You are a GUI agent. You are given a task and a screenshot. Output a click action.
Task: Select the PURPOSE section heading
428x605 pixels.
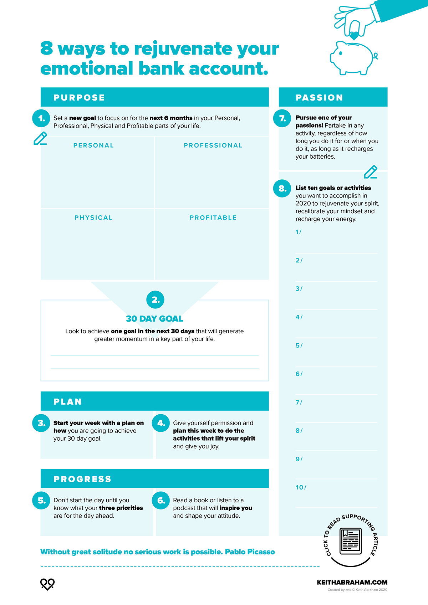click(x=79, y=98)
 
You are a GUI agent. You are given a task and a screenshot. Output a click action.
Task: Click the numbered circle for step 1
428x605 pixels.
click(x=41, y=118)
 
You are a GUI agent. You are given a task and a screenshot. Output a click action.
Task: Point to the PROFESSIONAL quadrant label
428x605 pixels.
click(x=213, y=145)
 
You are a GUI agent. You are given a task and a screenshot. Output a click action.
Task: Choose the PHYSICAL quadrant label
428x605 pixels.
click(x=93, y=218)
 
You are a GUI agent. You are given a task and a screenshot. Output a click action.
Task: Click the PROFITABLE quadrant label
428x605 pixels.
click(x=213, y=218)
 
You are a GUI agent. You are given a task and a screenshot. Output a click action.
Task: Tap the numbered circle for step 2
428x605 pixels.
click(x=156, y=300)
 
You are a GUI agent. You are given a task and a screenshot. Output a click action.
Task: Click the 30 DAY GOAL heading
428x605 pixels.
click(x=154, y=319)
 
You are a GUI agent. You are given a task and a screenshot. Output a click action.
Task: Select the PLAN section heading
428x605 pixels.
click(x=68, y=402)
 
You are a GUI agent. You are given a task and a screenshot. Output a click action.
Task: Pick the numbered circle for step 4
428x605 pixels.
click(x=161, y=423)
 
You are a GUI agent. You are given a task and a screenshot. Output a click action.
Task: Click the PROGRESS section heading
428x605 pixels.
click(x=82, y=479)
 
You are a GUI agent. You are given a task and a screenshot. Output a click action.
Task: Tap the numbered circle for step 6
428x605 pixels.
click(x=161, y=501)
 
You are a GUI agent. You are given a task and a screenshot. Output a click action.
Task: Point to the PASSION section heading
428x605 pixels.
click(x=319, y=98)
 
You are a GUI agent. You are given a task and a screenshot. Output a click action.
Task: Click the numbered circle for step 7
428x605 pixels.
click(x=282, y=118)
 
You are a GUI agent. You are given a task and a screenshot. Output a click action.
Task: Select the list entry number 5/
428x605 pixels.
click(x=299, y=345)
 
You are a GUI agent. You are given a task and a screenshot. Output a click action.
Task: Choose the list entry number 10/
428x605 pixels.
click(x=301, y=487)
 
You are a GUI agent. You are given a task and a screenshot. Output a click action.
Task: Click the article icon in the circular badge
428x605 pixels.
click(x=351, y=541)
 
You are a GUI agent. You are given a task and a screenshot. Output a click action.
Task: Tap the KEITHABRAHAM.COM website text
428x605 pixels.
click(x=352, y=582)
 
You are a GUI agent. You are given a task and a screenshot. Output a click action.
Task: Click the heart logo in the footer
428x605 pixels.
click(x=47, y=584)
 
